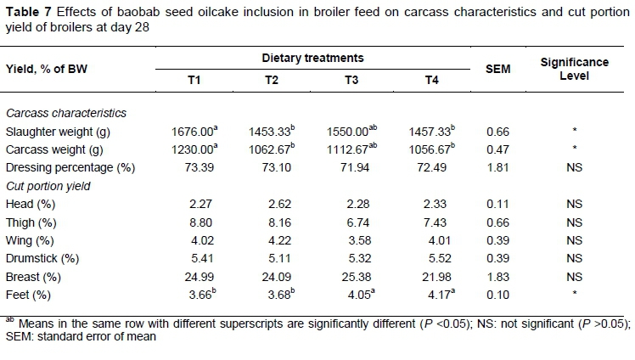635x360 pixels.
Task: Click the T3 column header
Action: tap(346, 80)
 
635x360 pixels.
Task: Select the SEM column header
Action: tap(497, 69)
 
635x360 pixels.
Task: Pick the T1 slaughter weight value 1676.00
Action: tap(192, 132)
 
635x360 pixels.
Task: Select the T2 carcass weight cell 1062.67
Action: tap(269, 149)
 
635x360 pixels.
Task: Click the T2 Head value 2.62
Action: tap(269, 204)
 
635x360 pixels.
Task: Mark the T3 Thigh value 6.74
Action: tap(346, 222)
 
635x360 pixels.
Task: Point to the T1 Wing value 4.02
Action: tap(193, 239)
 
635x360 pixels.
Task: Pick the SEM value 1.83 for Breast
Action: tap(497, 275)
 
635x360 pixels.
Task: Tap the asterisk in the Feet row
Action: tap(574, 294)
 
